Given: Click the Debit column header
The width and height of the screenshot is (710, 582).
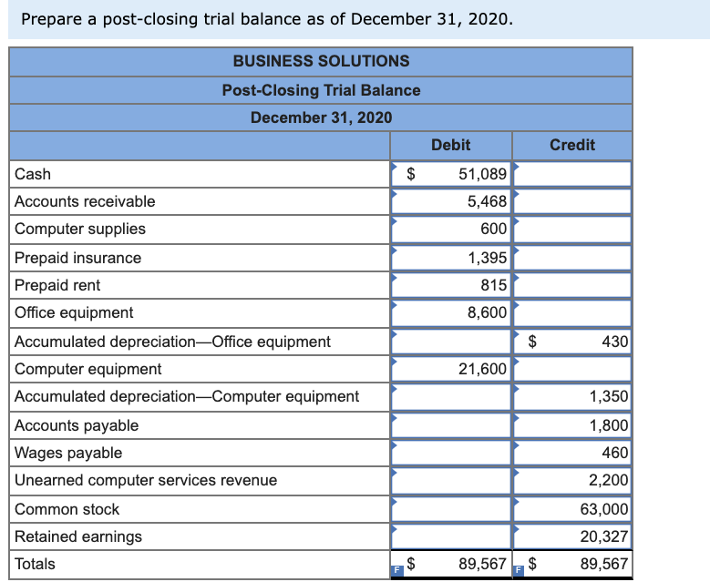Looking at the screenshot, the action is [450, 145].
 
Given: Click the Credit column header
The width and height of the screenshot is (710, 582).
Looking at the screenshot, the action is [572, 145].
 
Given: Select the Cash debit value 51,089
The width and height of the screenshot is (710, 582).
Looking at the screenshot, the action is [482, 174].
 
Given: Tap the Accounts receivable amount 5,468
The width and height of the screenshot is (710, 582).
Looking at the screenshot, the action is [487, 201].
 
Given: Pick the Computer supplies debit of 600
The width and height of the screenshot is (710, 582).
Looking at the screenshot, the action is [493, 229].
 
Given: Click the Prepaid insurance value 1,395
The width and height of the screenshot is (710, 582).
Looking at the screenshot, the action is [487, 258].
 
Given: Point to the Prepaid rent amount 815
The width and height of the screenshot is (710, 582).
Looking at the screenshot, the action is [493, 285].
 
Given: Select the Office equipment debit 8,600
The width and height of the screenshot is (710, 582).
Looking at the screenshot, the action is [487, 312].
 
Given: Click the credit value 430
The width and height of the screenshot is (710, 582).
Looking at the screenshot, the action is [615, 342].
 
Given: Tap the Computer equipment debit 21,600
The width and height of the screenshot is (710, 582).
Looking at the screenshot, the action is [482, 369].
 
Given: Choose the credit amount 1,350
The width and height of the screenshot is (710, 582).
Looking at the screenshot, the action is [608, 396].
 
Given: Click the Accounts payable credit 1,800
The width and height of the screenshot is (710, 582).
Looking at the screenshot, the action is [608, 425].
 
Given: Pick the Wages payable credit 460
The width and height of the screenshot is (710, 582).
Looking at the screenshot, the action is [615, 453].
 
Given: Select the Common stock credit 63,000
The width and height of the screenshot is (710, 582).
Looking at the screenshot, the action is [604, 509].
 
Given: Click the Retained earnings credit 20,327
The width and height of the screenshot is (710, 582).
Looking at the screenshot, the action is [604, 536].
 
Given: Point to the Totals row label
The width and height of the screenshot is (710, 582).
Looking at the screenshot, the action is [35, 564].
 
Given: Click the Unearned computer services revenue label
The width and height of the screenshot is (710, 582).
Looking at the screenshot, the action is [146, 480].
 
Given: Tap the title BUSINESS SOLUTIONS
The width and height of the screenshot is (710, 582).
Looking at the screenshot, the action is [321, 61].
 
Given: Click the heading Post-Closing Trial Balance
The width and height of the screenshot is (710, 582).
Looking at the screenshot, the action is [321, 90].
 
